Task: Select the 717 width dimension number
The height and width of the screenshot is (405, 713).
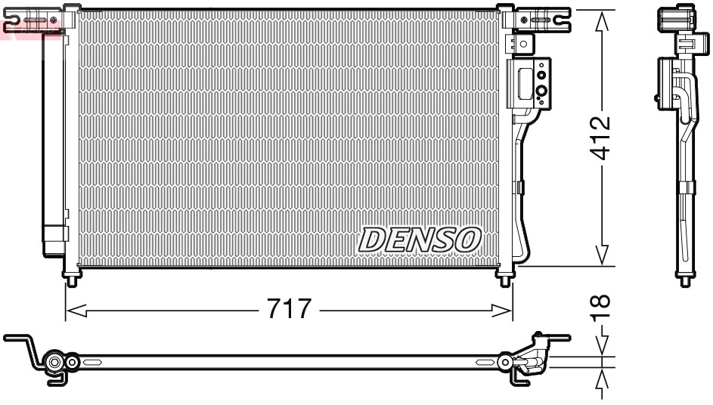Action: [x=289, y=310]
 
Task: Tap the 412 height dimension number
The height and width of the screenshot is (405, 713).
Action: [x=602, y=138]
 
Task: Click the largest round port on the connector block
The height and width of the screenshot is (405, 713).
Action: [x=541, y=93]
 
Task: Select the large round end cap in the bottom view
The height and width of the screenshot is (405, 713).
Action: [x=55, y=363]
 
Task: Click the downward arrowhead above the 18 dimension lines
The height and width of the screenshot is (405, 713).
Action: [x=603, y=347]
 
